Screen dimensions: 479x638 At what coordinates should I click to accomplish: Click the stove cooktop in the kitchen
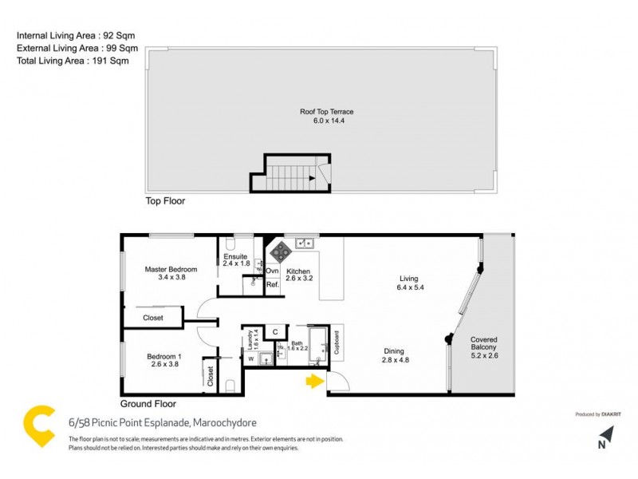(x=282, y=252)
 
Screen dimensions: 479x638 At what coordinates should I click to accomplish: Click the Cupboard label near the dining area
(x=337, y=342)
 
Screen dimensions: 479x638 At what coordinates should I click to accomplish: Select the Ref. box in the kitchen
(x=272, y=284)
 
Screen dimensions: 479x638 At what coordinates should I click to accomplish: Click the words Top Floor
(x=165, y=201)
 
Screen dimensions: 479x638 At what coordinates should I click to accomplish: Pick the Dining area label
(x=393, y=355)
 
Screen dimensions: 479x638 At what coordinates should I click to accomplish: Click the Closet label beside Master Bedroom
(x=153, y=318)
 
